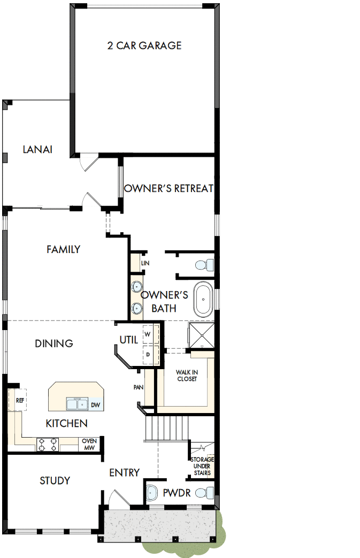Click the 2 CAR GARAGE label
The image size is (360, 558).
(144, 45)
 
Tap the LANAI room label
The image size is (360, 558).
(37, 149)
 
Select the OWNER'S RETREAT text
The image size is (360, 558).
(168, 188)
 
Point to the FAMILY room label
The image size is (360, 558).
(63, 249)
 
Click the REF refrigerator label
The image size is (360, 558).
(20, 400)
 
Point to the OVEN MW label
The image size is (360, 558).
(89, 444)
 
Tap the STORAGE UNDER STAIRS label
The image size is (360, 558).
(202, 466)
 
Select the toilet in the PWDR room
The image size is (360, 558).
(203, 492)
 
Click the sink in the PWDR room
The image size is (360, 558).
(152, 492)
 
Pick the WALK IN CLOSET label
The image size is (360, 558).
(187, 375)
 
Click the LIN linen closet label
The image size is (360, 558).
(144, 263)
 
